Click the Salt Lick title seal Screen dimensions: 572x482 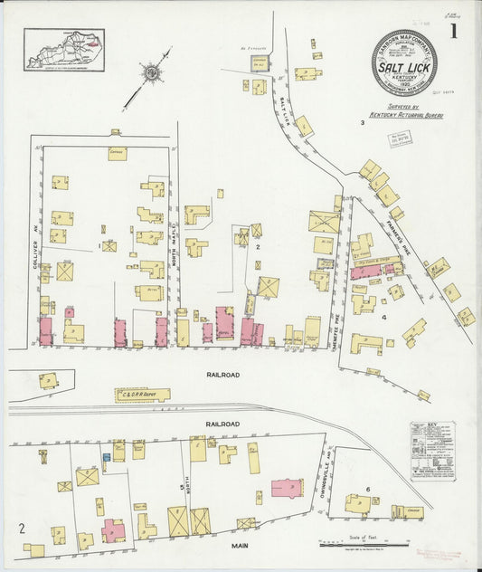403,62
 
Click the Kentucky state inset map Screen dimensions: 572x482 64,49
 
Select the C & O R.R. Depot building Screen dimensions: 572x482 142,395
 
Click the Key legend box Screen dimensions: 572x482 432,451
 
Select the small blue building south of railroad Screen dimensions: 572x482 106,458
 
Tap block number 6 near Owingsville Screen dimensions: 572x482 368,490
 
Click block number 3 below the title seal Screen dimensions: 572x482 362,122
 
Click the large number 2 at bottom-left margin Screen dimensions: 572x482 21,527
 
